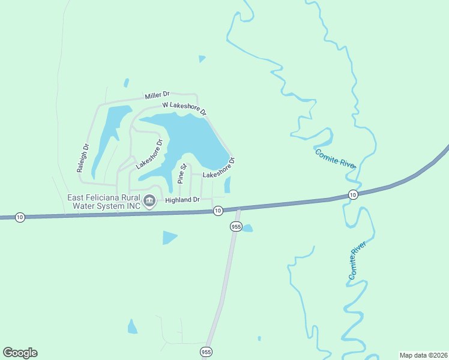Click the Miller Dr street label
[x=157, y=95]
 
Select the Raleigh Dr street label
[x=83, y=158]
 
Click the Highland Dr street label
[x=182, y=199]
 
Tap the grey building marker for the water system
[x=149, y=201]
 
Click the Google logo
[x=20, y=353]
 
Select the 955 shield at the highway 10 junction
[x=235, y=226]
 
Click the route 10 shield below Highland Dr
[x=218, y=210]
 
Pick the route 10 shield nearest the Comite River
[x=352, y=195]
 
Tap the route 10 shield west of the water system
[x=20, y=217]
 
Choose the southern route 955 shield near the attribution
[x=206, y=352]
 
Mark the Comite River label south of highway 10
[x=357, y=260]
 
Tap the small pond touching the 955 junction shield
[x=247, y=228]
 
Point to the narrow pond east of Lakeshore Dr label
[x=228, y=184]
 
